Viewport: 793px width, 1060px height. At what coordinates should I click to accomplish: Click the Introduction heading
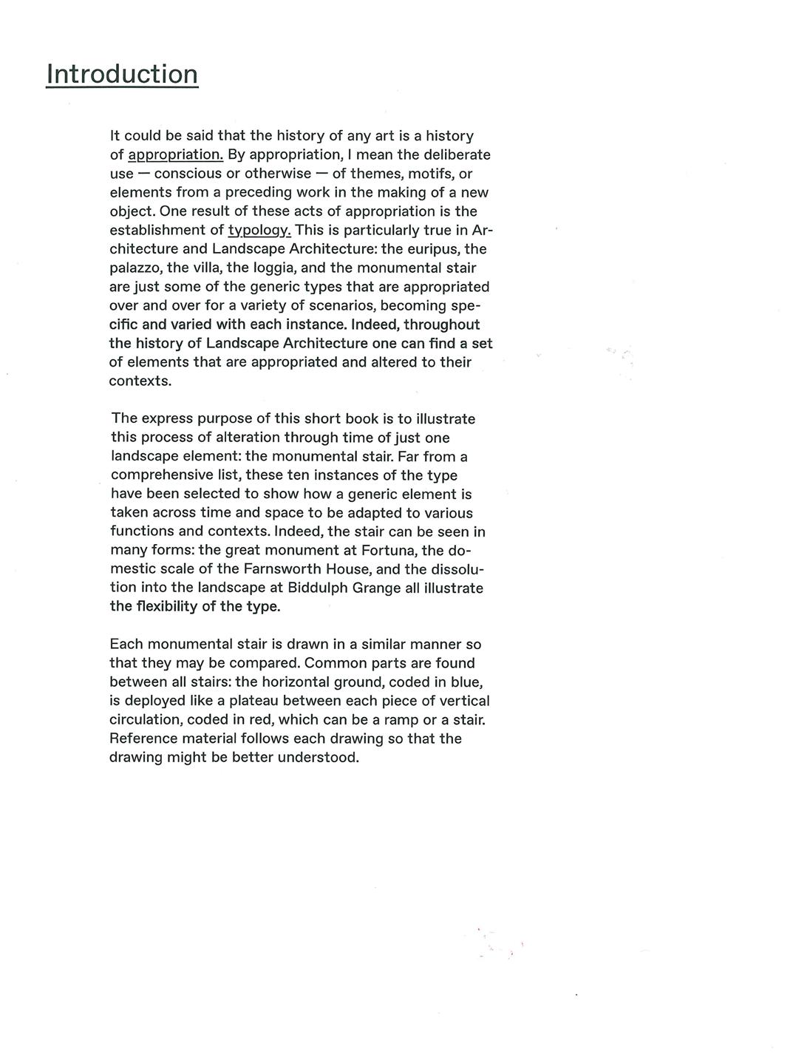point(122,74)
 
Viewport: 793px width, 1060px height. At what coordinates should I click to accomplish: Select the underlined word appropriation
point(176,155)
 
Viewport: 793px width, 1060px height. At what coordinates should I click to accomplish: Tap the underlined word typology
point(259,231)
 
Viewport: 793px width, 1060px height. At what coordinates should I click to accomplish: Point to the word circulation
point(145,720)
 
